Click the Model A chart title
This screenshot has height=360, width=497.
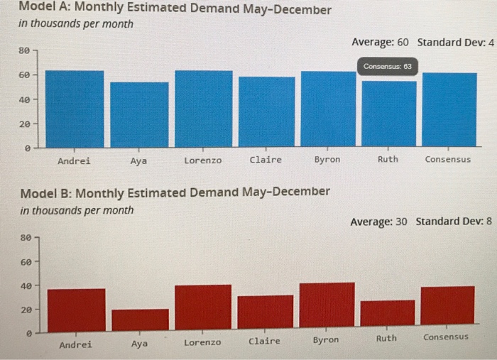tap(175, 10)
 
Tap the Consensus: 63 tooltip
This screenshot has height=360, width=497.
tap(387, 66)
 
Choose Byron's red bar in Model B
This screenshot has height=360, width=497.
tap(327, 305)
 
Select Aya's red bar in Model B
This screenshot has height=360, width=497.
tap(140, 319)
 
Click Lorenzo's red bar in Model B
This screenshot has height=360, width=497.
tap(203, 307)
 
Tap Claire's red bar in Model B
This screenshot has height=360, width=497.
tap(265, 312)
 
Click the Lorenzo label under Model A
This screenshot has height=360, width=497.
tap(202, 160)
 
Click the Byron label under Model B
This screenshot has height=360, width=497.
tap(326, 340)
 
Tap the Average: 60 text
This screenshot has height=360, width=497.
tap(380, 43)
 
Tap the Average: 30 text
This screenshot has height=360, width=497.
tap(378, 222)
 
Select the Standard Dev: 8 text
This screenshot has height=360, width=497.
tap(453, 222)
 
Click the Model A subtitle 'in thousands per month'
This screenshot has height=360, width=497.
tap(76, 24)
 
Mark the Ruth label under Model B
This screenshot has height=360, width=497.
tap(386, 338)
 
